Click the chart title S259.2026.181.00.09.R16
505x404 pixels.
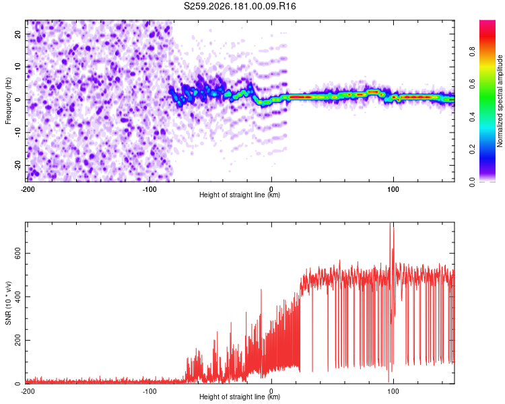240,6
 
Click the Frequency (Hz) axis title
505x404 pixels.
8,100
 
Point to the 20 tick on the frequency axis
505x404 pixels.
18,34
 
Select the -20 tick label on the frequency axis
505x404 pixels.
18,165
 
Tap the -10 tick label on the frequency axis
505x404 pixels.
18,132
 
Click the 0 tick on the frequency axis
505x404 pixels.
18,100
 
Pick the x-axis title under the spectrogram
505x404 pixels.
240,195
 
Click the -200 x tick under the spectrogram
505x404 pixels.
28,189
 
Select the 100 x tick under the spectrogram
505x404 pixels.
393,189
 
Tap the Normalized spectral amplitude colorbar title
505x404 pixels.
500,101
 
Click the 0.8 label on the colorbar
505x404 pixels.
472,52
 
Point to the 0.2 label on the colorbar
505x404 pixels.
472,149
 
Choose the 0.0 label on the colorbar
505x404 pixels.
472,182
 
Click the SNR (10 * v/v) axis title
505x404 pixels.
8,303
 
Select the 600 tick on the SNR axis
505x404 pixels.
18,254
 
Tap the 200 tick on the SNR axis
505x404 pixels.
18,340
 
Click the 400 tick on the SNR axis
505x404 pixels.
18,297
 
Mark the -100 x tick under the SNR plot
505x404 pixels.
149,391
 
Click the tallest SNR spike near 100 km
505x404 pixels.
391,223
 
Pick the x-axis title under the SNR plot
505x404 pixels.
240,397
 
